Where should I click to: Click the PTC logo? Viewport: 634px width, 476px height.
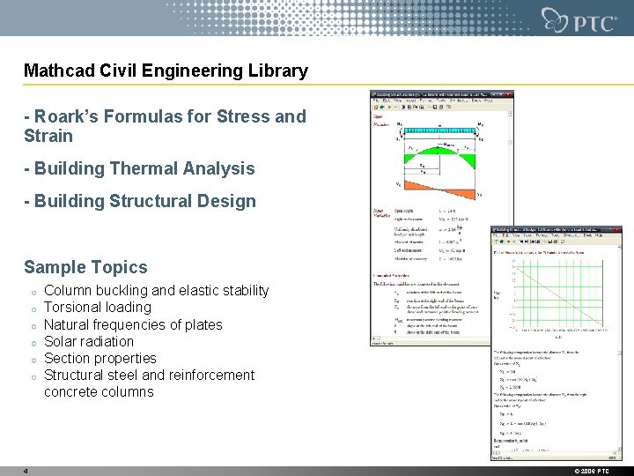tap(572, 19)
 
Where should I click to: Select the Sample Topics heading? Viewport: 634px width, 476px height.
tap(85, 266)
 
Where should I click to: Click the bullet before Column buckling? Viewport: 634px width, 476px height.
tap(31, 292)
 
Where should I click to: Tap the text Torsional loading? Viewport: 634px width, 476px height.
tap(97, 308)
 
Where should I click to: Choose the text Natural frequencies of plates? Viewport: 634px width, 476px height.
tap(133, 324)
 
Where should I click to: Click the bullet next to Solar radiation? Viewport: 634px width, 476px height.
tap(31, 342)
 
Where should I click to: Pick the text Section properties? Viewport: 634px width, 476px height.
tap(100, 358)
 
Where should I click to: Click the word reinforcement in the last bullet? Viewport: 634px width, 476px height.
tap(210, 375)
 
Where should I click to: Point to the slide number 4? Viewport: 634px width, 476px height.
tap(26, 471)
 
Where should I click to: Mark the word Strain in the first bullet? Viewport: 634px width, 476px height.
tap(48, 137)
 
